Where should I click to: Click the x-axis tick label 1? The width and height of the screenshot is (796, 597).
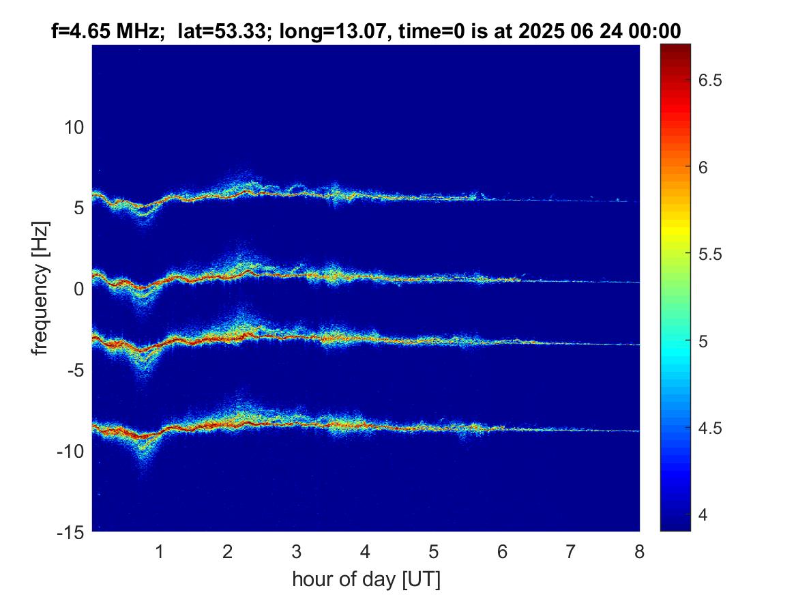(x=160, y=552)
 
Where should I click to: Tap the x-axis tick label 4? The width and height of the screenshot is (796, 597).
(x=366, y=552)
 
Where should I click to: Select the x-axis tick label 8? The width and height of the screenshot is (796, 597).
(x=639, y=552)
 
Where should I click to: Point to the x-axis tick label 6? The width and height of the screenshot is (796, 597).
(x=502, y=552)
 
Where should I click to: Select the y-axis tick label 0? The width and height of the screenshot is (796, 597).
(x=78, y=289)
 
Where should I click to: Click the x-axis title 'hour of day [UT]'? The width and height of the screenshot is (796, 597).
(x=366, y=580)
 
